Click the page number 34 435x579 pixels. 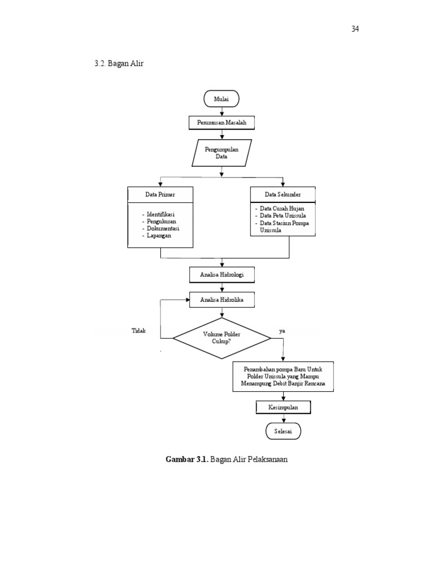pos(355,29)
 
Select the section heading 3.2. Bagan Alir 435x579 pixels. pos(119,63)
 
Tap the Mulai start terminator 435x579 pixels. pos(221,99)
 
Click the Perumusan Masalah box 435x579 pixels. pos(221,122)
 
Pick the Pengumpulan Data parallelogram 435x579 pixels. pos(221,153)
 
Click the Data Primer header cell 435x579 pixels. pos(160,194)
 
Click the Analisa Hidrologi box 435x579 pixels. pos(221,275)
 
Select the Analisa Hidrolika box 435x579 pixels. pos(221,300)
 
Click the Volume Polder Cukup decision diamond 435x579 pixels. pos(221,338)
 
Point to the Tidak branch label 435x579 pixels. pos(138,331)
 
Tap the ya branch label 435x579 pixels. pos(282,331)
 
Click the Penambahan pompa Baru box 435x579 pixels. pos(283,376)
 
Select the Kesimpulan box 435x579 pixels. pos(283,407)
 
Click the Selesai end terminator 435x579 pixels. pos(283,431)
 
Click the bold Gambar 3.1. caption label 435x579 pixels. pos(186,459)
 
